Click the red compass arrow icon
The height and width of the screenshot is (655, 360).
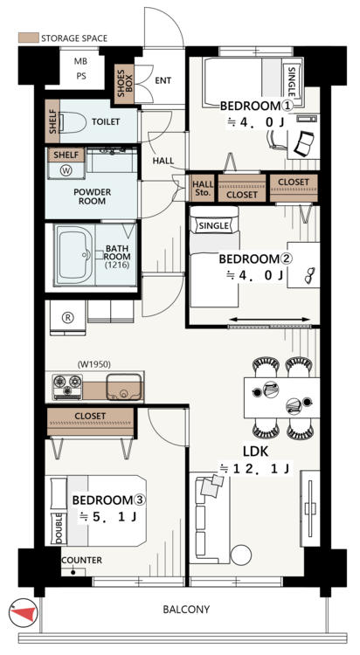tap(23, 612)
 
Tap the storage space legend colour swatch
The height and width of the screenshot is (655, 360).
tap(29, 38)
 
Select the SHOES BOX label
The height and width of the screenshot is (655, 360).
tap(125, 83)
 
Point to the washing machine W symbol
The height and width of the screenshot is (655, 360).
tap(66, 170)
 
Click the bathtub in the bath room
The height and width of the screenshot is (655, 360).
tap(73, 256)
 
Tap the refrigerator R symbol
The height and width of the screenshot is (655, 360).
tap(67, 318)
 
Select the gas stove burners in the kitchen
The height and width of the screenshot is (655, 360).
tap(67, 386)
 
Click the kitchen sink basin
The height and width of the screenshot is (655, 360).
tap(123, 387)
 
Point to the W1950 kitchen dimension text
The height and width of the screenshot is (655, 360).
tap(94, 364)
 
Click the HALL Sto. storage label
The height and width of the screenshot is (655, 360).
tap(203, 189)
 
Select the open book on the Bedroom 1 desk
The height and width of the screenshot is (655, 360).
tap(305, 143)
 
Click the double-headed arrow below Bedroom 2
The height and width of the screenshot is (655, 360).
tap(270, 320)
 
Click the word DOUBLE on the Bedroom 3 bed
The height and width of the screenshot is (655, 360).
tap(59, 529)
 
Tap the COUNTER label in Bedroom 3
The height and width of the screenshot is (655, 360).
tap(81, 560)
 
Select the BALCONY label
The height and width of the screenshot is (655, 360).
tap(186, 610)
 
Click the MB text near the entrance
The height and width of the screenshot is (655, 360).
tap(81, 61)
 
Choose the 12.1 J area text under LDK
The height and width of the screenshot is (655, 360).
tap(254, 469)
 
